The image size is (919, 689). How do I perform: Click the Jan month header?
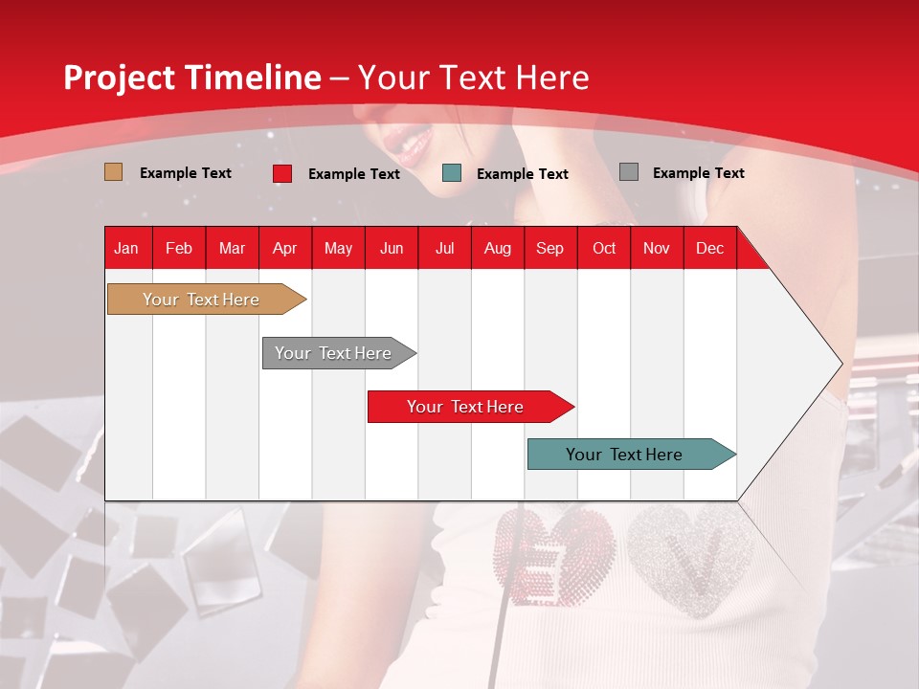coord(126,248)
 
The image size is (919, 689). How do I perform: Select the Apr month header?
coord(284,248)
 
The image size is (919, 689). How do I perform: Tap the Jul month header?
coord(444,248)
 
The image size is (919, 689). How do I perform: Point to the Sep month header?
coord(549,248)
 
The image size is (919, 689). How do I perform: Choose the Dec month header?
coord(709,248)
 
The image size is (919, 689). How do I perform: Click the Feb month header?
coord(179,248)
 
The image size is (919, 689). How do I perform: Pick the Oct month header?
coord(604,248)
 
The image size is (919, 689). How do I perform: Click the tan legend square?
coord(113,172)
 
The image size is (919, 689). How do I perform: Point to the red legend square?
coord(282,173)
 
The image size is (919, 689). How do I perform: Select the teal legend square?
coord(452,173)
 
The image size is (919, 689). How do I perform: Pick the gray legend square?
coord(628,172)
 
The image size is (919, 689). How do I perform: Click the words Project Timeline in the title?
coord(191,78)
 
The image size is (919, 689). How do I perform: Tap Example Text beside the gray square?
coord(698,173)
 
